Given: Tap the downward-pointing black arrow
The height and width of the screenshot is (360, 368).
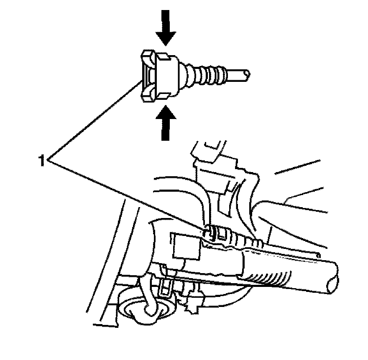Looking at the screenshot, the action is pos(166,27).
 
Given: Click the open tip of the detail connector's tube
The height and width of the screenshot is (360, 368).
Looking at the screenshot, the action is pos(247,75).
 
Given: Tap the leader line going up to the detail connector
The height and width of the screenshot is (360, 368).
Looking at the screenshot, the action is pos(96,121).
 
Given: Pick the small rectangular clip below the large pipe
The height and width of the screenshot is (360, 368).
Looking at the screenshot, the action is pos(166,287).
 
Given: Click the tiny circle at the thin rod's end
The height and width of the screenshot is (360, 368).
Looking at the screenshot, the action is pos(318,254).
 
